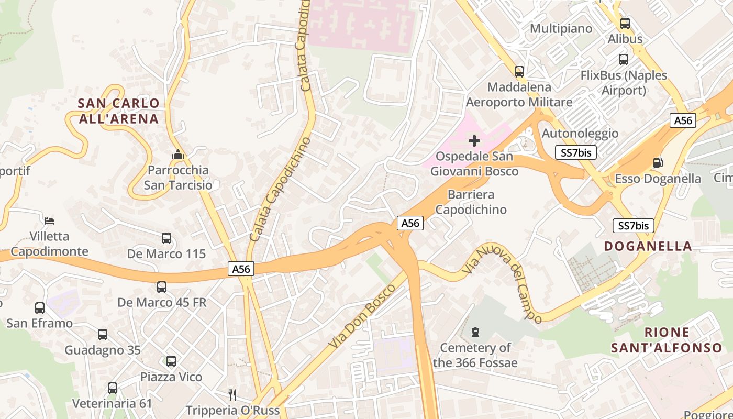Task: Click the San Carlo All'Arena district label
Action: coord(118,111)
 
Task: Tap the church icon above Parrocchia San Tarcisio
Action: coord(178,155)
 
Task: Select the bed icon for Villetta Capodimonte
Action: coord(49,220)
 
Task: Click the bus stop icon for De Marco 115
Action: coord(166,238)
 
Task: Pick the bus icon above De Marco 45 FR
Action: coord(162,287)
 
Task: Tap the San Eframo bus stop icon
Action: coord(40,308)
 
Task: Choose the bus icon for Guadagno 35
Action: coord(103,335)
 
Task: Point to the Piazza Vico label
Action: coord(171,377)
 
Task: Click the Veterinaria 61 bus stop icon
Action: coord(112,388)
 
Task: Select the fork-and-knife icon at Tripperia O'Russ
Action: coord(232,394)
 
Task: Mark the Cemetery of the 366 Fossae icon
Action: coord(475,332)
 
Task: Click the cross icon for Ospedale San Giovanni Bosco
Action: coord(474,141)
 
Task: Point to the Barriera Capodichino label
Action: coord(471,202)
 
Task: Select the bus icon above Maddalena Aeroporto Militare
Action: coord(519,71)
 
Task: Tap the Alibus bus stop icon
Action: coord(625,24)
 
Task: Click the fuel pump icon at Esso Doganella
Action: coord(658,163)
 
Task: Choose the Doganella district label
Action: coord(648,246)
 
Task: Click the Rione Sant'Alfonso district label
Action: coord(666,339)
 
